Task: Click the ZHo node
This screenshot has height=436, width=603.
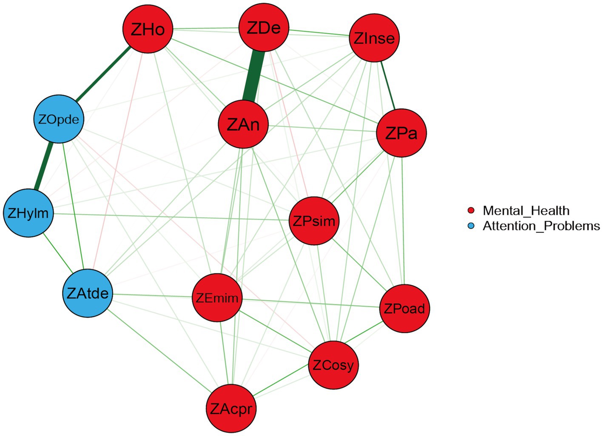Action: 148,29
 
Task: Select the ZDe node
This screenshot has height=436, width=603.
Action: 264,28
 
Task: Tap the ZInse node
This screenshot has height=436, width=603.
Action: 374,38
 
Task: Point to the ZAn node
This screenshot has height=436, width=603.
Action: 243,124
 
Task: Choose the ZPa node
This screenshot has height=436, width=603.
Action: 401,133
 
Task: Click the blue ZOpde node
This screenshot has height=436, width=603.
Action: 59,119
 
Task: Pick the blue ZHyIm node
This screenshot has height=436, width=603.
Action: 28,213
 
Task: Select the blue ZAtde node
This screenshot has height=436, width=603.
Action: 88,293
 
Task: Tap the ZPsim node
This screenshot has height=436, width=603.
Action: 314,221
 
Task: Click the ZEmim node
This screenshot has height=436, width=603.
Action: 217,298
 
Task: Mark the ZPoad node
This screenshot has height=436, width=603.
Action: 404,308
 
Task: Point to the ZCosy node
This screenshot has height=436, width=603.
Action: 333,365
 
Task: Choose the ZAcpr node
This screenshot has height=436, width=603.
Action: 231,409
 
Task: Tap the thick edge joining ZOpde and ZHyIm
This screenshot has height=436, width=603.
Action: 44,166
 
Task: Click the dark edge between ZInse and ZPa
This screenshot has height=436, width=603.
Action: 387,85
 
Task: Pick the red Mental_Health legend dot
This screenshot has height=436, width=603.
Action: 471,211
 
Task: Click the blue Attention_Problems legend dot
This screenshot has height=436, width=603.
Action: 471,226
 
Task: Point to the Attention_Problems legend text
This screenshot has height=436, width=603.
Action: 541,226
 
